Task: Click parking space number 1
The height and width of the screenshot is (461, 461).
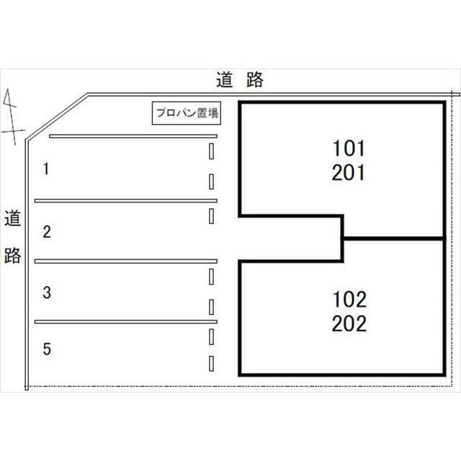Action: (46, 169)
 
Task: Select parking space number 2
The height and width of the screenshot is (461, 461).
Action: (47, 232)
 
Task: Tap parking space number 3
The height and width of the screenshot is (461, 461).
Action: (47, 292)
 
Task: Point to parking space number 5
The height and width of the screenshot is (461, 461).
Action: (47, 349)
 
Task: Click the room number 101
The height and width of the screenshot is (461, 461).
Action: (349, 148)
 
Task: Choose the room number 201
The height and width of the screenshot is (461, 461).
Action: (349, 172)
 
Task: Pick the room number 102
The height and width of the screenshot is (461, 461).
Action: (349, 300)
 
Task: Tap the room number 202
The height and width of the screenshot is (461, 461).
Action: (349, 323)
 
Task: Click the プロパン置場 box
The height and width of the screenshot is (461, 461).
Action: (187, 113)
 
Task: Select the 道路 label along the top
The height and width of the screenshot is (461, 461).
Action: (240, 79)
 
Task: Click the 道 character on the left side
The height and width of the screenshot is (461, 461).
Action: (13, 218)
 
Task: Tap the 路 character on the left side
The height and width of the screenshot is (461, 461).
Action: (13, 254)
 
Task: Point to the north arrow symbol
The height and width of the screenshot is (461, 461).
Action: (11, 117)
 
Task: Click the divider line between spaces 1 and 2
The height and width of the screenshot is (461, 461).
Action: (126, 201)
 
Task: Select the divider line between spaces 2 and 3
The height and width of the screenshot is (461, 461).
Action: (126, 261)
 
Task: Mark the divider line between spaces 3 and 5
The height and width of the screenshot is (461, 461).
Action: (126, 322)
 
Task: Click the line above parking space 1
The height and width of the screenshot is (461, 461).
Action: (133, 136)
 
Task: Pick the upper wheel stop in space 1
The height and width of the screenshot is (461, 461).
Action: (211, 151)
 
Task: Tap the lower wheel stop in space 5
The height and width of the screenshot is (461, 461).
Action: (211, 363)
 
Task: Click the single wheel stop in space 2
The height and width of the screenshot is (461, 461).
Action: (211, 216)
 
